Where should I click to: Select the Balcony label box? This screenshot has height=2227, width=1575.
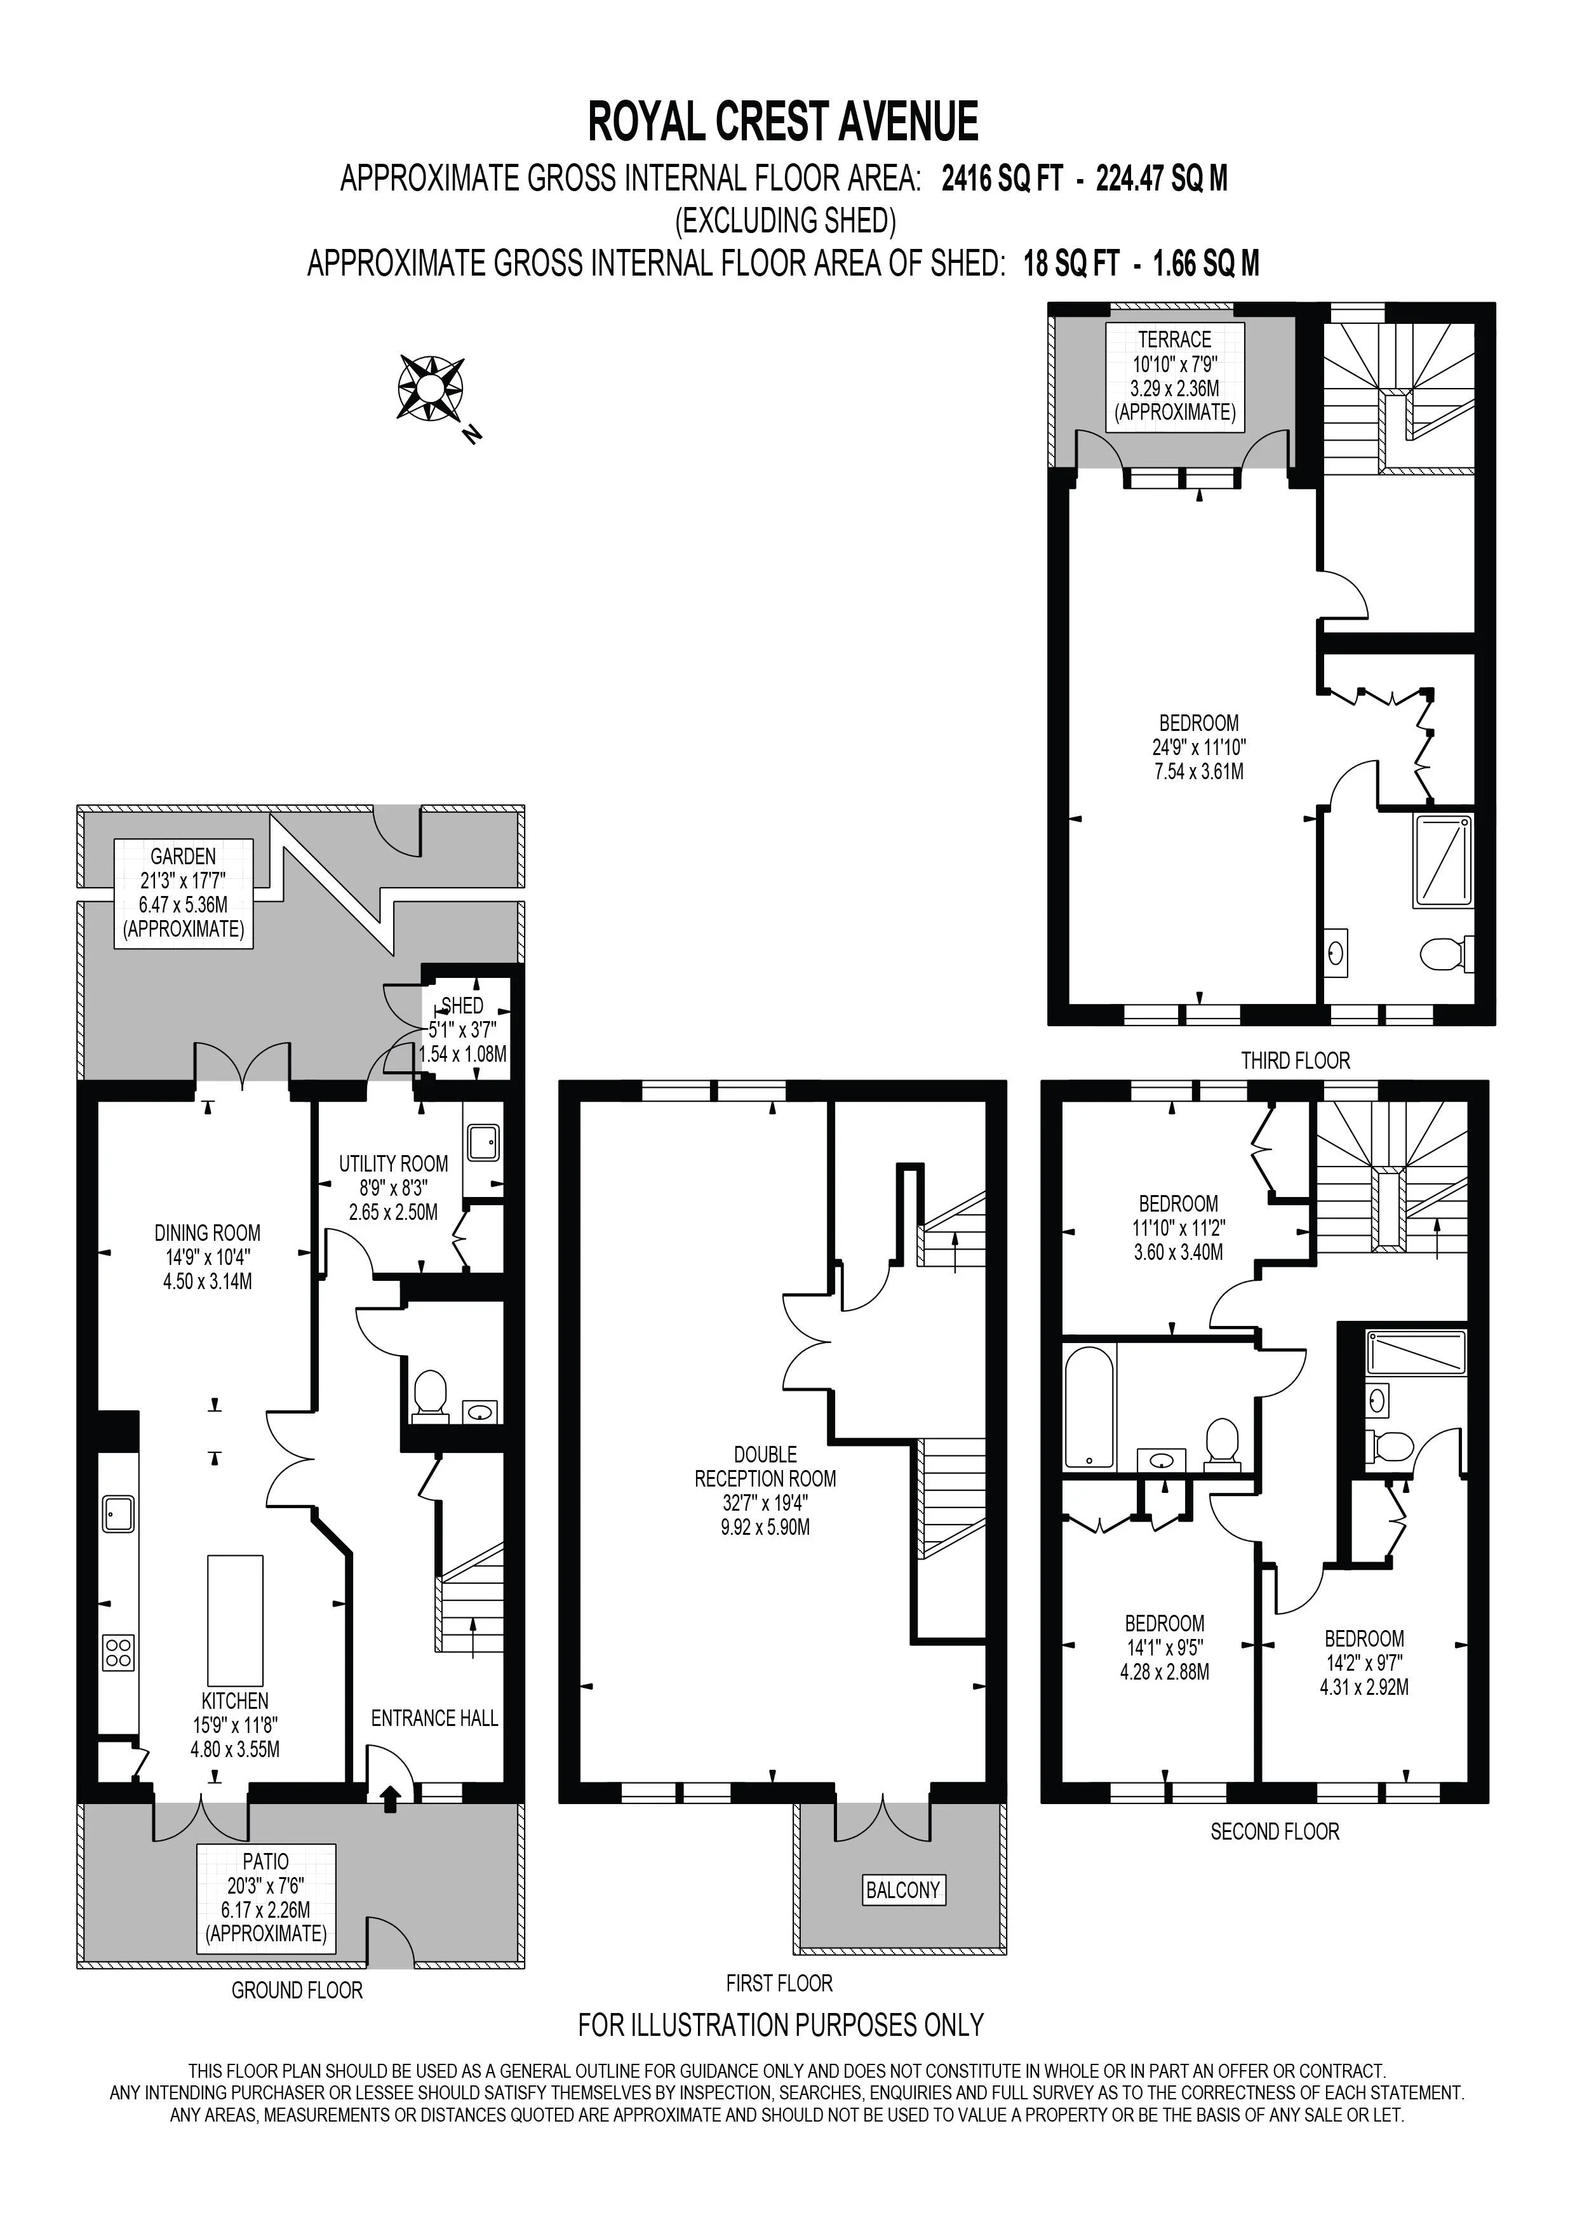[904, 1889]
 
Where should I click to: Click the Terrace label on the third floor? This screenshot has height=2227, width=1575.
[1174, 340]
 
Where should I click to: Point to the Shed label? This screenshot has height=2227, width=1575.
[462, 1006]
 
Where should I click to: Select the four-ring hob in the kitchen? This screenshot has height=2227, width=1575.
[118, 1652]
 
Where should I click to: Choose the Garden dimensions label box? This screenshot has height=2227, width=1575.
[184, 893]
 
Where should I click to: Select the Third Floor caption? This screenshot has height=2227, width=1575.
[1296, 1061]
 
